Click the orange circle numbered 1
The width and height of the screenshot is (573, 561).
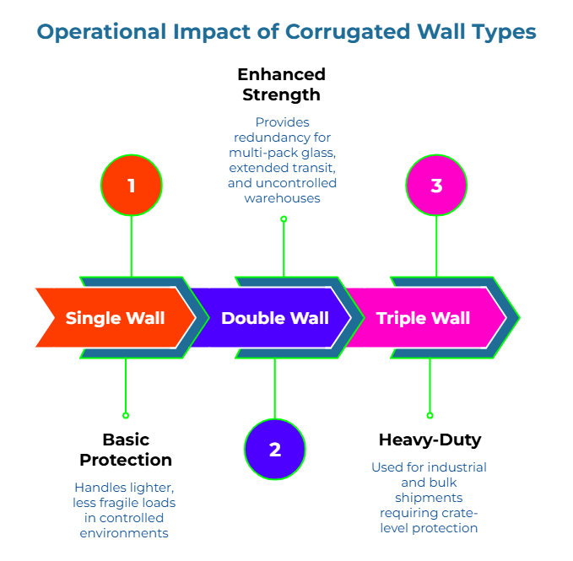131,185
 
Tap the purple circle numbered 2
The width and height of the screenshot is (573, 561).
274,450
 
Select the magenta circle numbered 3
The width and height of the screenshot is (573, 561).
436,185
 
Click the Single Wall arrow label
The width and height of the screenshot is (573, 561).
115,318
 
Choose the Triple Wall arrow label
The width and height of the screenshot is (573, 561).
423,318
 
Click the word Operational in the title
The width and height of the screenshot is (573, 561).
100,32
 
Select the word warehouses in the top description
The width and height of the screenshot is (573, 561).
283,198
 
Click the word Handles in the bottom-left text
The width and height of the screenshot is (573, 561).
99,488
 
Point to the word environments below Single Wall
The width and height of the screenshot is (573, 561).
124,533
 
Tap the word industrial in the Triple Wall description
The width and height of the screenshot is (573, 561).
457,467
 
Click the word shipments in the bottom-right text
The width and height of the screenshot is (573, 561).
429,497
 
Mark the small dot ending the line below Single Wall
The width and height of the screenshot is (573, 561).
126,415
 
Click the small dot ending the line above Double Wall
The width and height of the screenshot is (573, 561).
284,218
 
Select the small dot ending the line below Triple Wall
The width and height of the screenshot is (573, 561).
430,415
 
